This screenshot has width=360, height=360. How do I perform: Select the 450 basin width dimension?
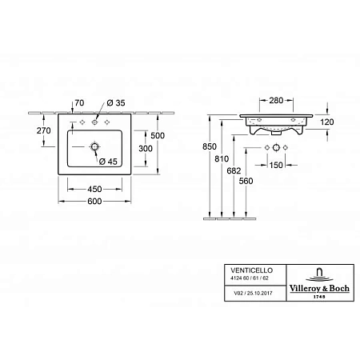[x=94, y=189]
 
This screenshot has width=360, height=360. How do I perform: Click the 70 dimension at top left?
[x=78, y=103]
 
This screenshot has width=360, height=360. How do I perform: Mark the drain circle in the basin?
[x=95, y=148]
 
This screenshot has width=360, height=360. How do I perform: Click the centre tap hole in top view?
[x=94, y=124]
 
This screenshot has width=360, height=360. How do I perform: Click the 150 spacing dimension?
[x=276, y=166]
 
